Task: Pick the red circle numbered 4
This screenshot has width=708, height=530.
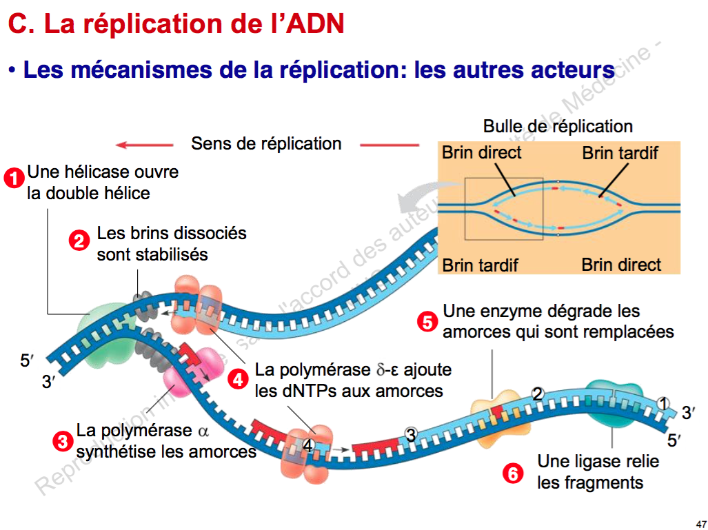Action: click(x=238, y=379)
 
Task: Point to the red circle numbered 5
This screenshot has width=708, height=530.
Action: click(x=428, y=321)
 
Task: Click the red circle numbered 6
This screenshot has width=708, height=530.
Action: click(x=512, y=473)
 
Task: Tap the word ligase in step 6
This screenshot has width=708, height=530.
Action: click(x=604, y=461)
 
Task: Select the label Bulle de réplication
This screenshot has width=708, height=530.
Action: click(x=558, y=127)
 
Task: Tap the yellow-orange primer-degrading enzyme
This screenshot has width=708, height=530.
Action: click(x=496, y=414)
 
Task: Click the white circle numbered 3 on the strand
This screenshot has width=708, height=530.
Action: click(x=411, y=435)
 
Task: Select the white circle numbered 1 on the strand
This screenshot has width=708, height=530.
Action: click(x=663, y=404)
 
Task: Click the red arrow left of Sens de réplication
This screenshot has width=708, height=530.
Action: click(x=144, y=145)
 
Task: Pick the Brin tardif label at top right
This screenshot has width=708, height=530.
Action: click(x=620, y=153)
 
